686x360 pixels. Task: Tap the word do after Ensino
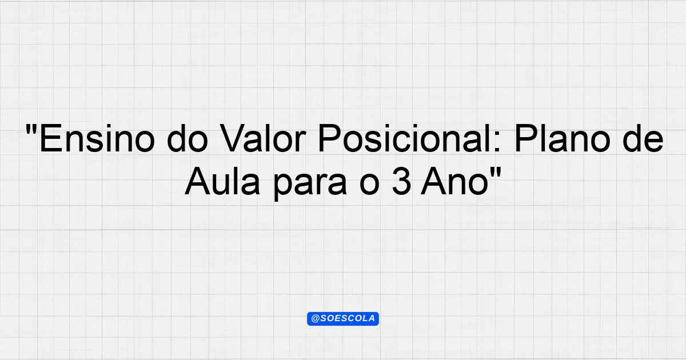(x=188, y=139)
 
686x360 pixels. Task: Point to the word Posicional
(x=405, y=139)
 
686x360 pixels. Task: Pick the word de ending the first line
(x=643, y=139)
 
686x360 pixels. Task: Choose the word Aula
(x=222, y=182)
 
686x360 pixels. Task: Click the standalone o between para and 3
(x=369, y=185)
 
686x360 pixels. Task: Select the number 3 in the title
(x=401, y=182)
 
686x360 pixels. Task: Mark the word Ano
(x=454, y=182)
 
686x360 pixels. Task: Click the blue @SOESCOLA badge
(x=343, y=319)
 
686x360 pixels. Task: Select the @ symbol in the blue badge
(x=315, y=319)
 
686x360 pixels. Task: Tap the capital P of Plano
(x=526, y=139)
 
